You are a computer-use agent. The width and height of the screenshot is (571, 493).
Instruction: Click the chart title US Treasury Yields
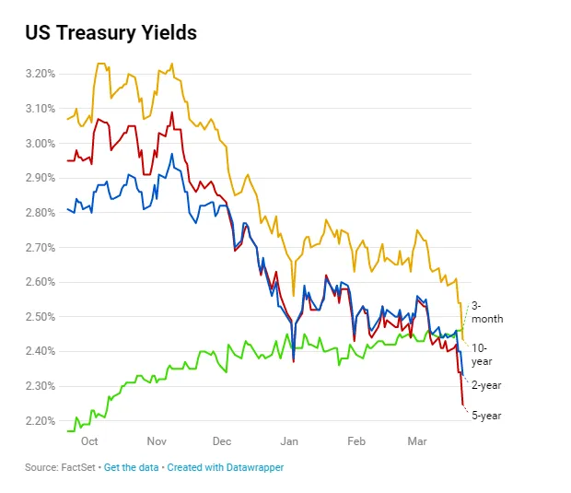[x=111, y=33]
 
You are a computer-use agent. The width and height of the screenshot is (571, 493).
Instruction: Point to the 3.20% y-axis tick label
[x=40, y=73]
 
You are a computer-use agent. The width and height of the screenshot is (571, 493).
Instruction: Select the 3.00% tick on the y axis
[x=40, y=143]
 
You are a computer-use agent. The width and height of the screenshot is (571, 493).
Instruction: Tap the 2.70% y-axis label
[x=40, y=247]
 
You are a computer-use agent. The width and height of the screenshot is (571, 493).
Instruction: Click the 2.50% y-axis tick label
[x=40, y=316]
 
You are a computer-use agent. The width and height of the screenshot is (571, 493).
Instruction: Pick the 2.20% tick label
[x=40, y=421]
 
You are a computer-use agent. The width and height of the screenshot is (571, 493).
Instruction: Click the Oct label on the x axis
[x=88, y=442]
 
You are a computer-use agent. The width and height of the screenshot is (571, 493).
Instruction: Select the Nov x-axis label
[x=156, y=442]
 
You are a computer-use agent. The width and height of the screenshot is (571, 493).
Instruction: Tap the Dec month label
[x=221, y=442]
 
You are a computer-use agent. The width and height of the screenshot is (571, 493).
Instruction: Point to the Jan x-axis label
[x=290, y=442]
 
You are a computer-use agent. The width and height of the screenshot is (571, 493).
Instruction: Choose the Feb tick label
[x=356, y=442]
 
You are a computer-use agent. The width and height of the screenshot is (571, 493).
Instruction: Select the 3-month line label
[x=487, y=311]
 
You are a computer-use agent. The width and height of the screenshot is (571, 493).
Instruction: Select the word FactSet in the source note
[x=79, y=468]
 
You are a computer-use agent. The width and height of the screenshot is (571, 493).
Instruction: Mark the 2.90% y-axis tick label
[x=40, y=177]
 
